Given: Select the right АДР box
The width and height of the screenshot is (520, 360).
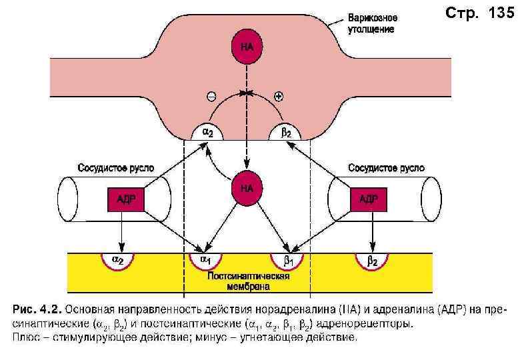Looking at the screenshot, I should pos(368,199).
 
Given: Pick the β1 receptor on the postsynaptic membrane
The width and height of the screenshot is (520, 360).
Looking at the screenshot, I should pos(287,259).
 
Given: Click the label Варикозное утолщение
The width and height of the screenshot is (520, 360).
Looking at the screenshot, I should pos(372,23).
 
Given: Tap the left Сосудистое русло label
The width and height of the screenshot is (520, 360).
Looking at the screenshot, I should pos(117,168).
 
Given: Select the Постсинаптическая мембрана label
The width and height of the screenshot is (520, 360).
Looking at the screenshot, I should pos(247,282).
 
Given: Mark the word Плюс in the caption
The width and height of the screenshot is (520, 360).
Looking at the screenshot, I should pos(27,338).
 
